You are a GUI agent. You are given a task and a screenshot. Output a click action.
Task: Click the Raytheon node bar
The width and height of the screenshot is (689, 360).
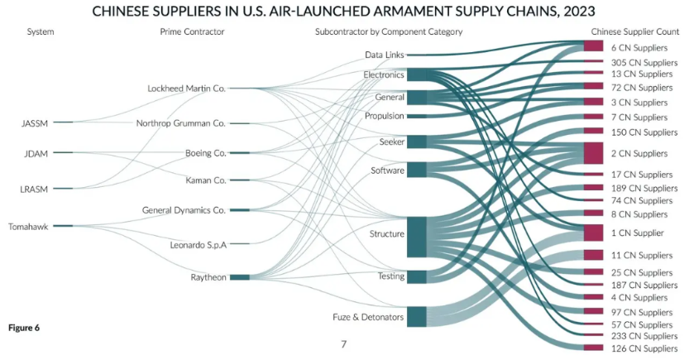tap(240, 277)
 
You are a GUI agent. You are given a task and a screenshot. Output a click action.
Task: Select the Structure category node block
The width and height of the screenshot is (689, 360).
tap(417, 237)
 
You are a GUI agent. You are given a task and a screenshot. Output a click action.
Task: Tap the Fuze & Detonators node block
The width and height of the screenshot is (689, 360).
tap(417, 317)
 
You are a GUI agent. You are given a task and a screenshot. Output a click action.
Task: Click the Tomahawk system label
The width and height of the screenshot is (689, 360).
tap(28, 227)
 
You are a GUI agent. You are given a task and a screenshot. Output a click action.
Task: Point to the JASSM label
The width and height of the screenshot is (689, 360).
tap(34, 123)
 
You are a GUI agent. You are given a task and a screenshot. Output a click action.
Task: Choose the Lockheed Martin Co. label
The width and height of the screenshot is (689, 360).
tap(186, 89)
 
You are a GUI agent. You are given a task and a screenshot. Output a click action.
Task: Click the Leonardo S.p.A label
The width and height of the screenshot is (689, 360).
tap(199, 245)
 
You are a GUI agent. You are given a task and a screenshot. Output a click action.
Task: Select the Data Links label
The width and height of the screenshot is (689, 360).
tap(385, 55)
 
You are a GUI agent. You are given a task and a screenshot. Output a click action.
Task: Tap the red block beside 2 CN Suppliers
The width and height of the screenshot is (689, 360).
tap(593, 153)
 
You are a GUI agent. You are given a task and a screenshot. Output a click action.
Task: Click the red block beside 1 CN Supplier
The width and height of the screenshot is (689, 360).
tap(593, 233)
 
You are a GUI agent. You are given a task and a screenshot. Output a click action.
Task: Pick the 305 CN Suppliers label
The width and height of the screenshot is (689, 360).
tap(644, 63)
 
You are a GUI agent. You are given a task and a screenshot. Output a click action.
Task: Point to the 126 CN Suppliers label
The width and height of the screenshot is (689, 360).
tap(644, 348)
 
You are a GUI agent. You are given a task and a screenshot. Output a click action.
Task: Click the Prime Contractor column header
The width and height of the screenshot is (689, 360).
tap(192, 31)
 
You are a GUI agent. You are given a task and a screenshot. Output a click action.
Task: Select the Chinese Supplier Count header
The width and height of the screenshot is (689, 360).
tap(635, 31)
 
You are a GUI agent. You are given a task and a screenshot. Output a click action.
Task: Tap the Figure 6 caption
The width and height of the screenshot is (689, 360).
tap(24, 328)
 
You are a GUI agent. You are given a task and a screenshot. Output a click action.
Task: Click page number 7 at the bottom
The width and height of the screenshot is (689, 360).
tap(343, 344)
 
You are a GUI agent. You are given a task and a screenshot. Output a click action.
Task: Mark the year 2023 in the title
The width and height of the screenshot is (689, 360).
tap(579, 11)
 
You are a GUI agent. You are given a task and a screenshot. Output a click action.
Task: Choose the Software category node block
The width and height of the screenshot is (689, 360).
tap(417, 170)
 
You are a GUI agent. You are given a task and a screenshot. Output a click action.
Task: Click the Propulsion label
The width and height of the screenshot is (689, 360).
tap(384, 116)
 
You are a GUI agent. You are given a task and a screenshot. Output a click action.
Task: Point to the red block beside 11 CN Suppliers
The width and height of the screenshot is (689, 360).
tap(593, 255)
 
